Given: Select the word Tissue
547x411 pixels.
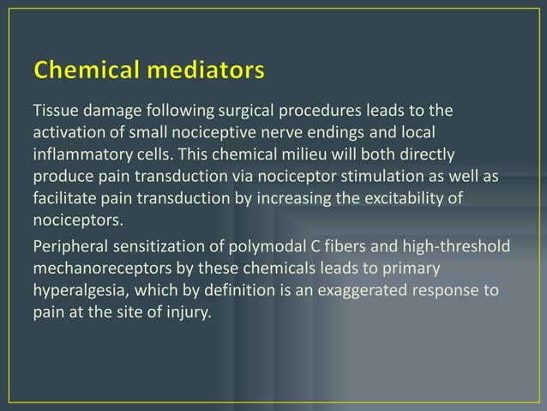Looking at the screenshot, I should point(54,112).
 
